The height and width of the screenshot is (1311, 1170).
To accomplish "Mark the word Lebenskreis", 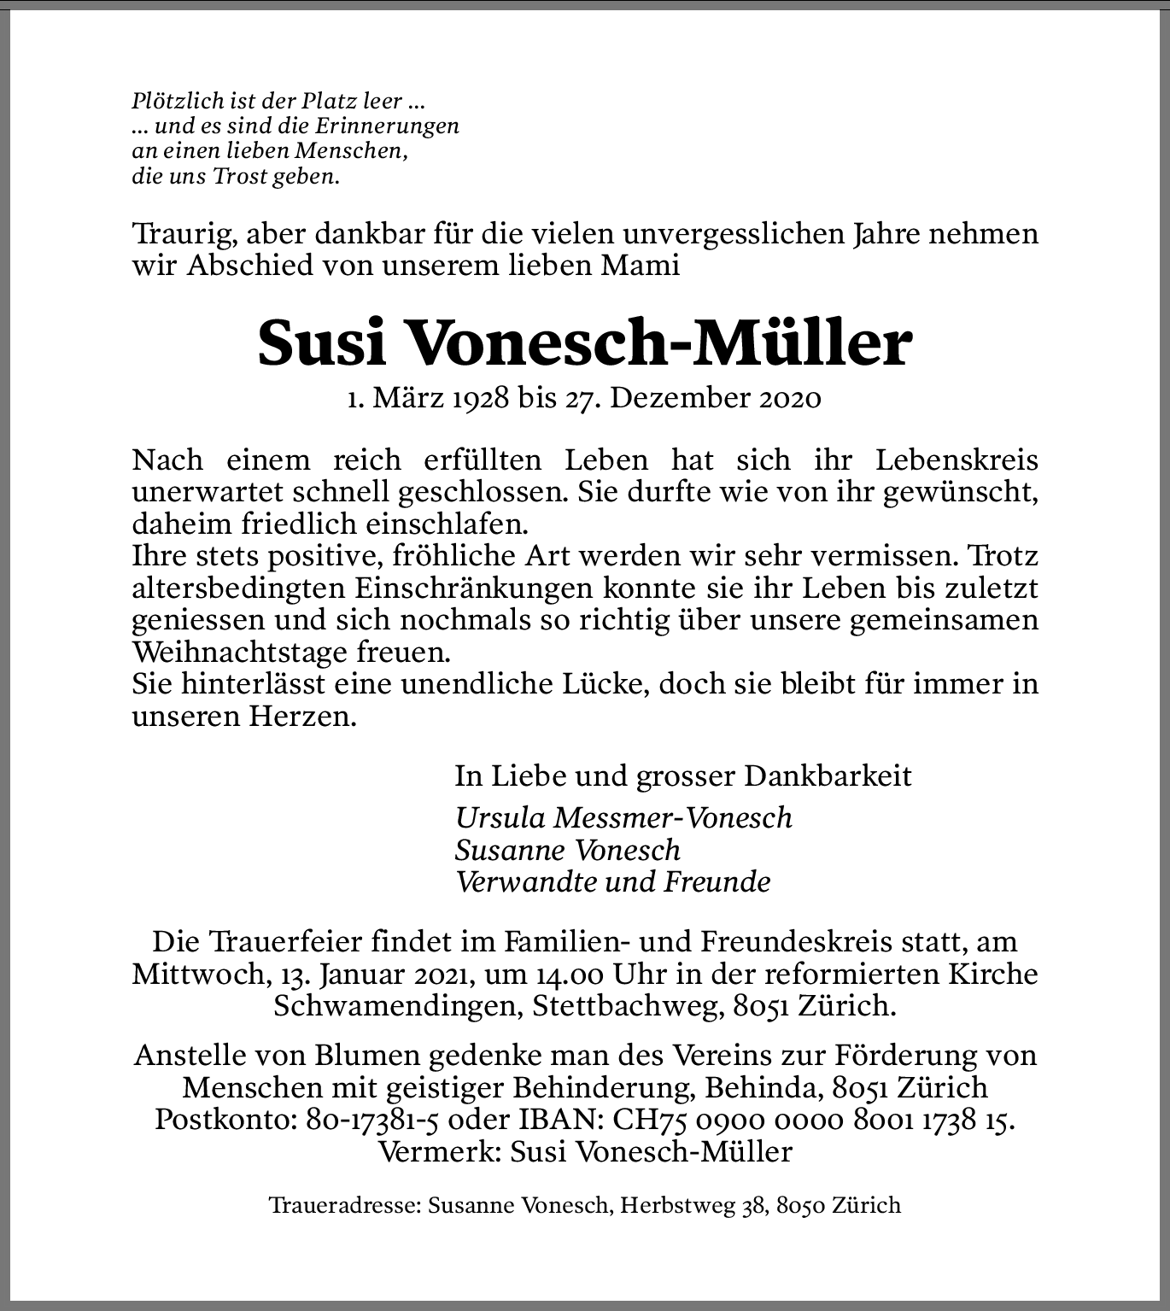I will click(x=956, y=459).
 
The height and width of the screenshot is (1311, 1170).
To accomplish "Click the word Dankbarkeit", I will click(x=828, y=775).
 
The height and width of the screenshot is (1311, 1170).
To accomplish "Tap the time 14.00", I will click(x=566, y=974).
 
